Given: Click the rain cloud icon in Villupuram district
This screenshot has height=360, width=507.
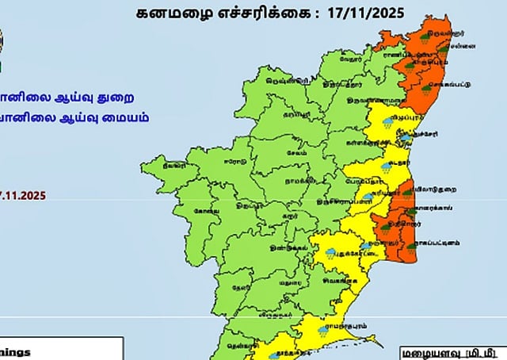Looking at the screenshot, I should pos(389,124).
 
